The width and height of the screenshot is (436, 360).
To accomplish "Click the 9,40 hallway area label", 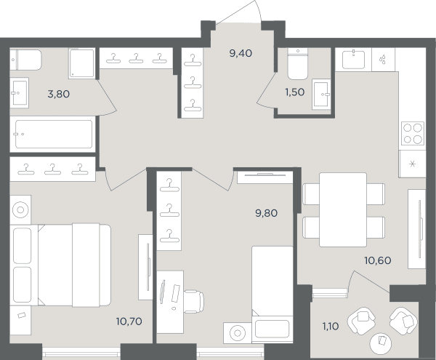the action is tap(241, 53).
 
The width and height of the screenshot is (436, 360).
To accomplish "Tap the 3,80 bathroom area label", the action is tap(59, 94).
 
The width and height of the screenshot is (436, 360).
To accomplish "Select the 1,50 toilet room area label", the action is tap(295, 92).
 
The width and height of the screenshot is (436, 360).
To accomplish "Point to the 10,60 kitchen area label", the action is tap(378, 260).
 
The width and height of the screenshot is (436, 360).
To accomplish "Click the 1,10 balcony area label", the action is tap(331, 326).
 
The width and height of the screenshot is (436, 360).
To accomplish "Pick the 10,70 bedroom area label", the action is tap(129, 321).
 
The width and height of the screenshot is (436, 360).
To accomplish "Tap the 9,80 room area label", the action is tap(267, 213).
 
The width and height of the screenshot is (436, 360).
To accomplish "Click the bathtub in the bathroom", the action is tap(54, 134).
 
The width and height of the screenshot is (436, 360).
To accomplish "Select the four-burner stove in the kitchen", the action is tap(413, 133).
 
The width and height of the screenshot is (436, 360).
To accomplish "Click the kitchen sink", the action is tap(353, 60).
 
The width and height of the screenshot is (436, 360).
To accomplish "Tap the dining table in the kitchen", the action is tap(343, 209).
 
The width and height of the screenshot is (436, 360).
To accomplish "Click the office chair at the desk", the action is tap(193, 301).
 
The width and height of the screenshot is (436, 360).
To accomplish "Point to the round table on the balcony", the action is tap(380, 343).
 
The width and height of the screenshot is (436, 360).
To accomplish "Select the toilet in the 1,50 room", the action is tap(297, 64).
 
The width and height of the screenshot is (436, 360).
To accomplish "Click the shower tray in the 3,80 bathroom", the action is tap(81, 63).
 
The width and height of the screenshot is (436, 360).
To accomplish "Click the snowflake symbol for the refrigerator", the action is tap(413, 164).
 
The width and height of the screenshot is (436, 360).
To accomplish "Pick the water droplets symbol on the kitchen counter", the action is tap(383, 60).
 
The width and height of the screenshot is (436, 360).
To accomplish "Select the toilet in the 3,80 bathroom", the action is tap(25, 60).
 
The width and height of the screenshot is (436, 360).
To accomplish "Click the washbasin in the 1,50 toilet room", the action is tap(321, 95).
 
